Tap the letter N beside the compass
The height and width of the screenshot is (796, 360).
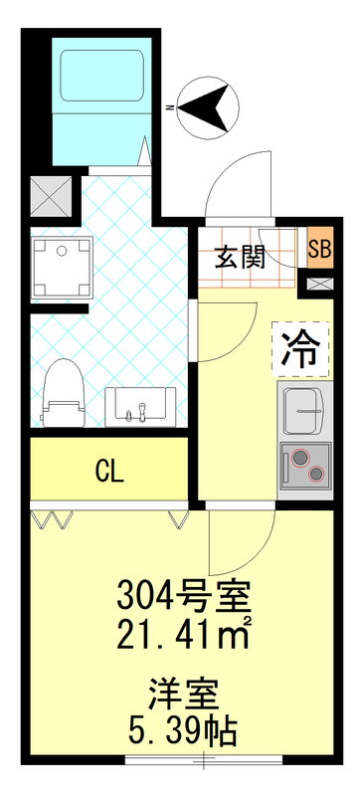click(171, 102)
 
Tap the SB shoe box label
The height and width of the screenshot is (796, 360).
click(320, 248)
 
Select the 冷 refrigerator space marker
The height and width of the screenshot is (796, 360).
click(297, 348)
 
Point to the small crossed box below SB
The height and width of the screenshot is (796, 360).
click(320, 284)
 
